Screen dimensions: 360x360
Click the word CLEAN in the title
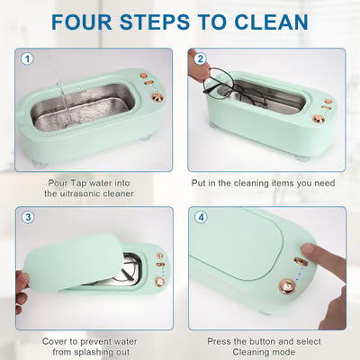pos(271,22)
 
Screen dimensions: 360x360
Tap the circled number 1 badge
pos(27,58)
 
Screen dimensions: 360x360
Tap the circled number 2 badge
pos(201,58)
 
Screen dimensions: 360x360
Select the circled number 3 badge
pos(28,217)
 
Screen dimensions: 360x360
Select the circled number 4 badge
pos(201,217)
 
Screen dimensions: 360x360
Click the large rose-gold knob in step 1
pos(157,97)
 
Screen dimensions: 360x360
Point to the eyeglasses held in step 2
pos(234,87)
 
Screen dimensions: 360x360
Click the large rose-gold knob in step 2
pos(319,119)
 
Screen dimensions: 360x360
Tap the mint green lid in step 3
pos(73,263)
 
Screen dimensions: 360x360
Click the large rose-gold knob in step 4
pos(287,286)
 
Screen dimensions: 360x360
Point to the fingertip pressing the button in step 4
pos(309,250)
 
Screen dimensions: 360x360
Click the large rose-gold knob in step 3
pos(160,282)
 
